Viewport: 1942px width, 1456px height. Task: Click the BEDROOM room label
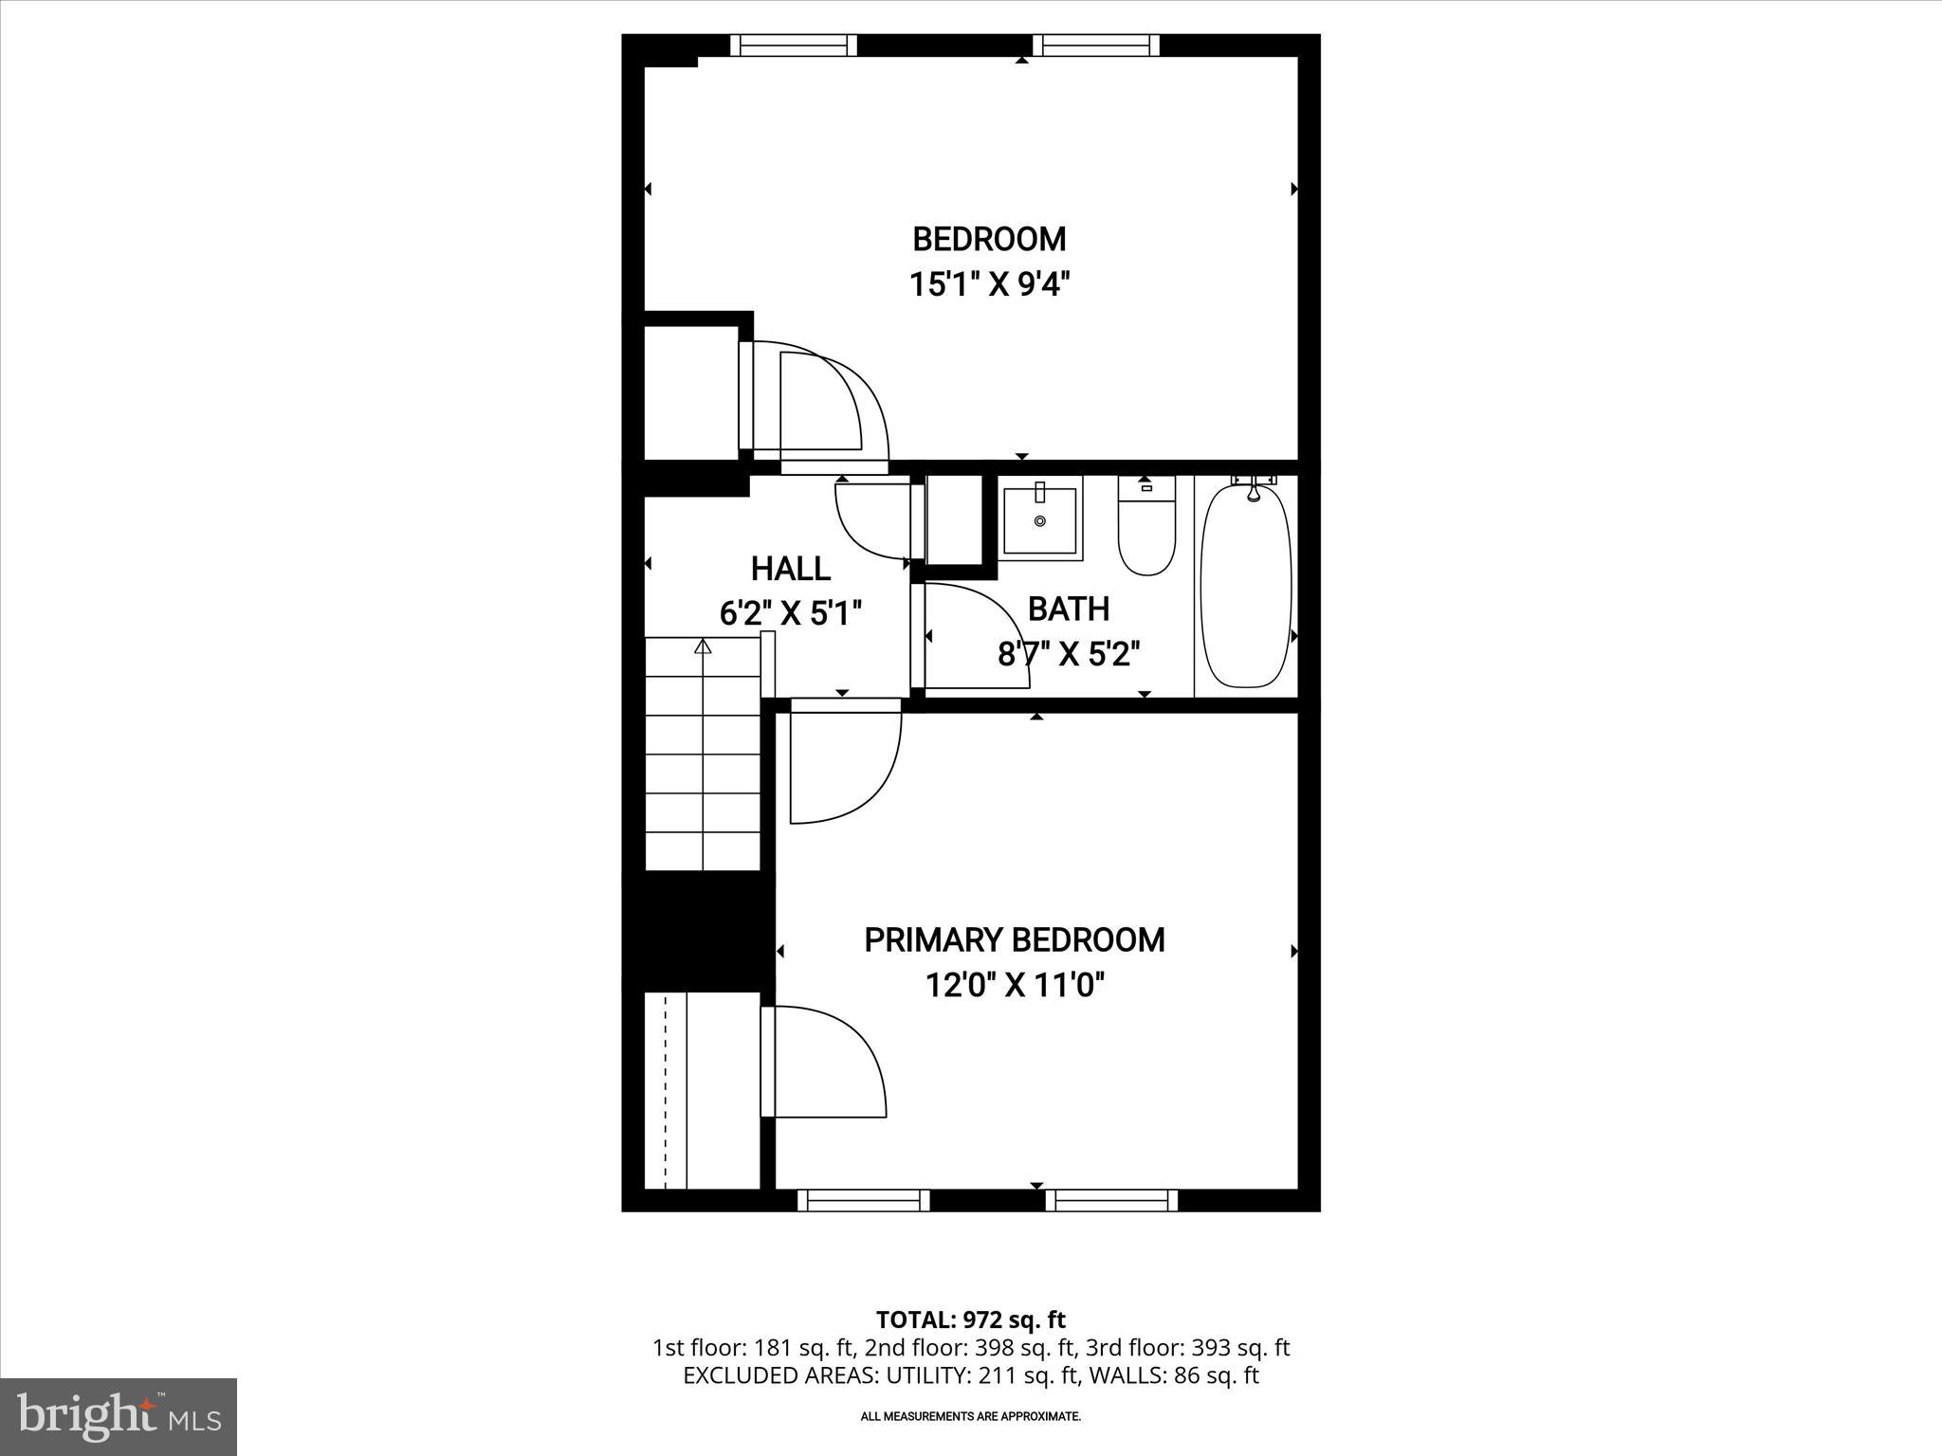(989, 239)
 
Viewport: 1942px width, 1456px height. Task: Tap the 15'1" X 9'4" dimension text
(989, 283)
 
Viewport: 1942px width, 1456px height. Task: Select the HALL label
(791, 569)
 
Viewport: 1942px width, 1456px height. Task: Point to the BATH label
(1069, 609)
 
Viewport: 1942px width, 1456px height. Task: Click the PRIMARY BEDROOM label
(1015, 940)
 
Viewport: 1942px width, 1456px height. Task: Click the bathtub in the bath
(1245, 586)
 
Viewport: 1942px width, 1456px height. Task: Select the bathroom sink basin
(1040, 520)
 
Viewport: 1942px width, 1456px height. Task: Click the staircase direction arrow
(703, 646)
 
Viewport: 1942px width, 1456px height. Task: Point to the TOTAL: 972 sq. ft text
(970, 1319)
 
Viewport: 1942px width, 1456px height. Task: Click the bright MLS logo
(119, 1416)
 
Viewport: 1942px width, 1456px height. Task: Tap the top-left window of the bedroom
(794, 45)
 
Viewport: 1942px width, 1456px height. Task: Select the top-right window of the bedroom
(1096, 45)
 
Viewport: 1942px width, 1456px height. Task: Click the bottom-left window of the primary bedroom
(863, 1200)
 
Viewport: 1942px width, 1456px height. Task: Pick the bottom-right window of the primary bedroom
(1111, 1200)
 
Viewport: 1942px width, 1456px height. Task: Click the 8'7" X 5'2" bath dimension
(1069, 653)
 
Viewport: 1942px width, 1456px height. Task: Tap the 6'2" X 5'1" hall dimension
(791, 613)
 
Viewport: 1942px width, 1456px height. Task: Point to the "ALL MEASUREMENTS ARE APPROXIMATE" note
(970, 1416)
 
